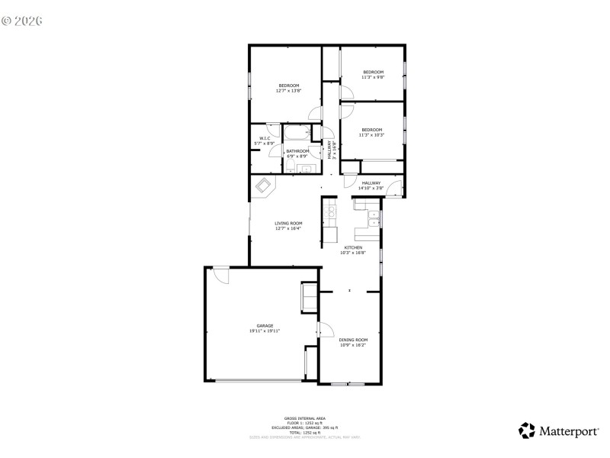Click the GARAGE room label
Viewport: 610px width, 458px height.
[x=265, y=325]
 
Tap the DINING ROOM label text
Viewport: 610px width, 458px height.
[x=353, y=340]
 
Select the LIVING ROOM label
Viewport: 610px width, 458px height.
[x=288, y=223]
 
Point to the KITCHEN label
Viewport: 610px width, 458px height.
[x=353, y=247]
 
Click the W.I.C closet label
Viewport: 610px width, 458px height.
[x=264, y=138]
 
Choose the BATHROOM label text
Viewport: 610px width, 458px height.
[x=297, y=151]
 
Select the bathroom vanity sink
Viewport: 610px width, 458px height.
[x=307, y=168]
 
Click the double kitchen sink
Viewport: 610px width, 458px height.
[x=374, y=219]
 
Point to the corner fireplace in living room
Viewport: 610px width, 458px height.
[x=264, y=185]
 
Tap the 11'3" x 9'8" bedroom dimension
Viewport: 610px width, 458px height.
[x=372, y=77]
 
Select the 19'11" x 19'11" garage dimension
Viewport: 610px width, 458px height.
[x=265, y=331]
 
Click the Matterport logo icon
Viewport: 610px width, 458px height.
[x=527, y=431]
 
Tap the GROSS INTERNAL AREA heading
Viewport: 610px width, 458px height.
[x=304, y=419]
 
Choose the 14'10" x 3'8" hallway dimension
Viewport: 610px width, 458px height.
[x=371, y=188]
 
